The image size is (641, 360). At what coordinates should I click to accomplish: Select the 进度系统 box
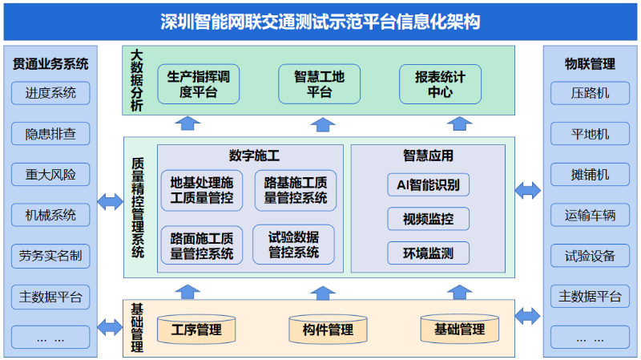click(x=50, y=93)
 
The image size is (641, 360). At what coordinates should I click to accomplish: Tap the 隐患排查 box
click(x=50, y=134)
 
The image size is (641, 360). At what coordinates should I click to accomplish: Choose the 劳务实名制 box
click(x=50, y=257)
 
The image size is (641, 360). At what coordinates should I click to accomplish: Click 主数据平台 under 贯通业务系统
click(x=50, y=297)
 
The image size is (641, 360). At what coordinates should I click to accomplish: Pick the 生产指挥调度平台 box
click(x=199, y=84)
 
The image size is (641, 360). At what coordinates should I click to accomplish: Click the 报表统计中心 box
click(x=440, y=84)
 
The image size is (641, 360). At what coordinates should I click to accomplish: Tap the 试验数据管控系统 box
click(x=293, y=245)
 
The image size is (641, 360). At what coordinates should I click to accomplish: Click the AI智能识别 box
click(x=428, y=184)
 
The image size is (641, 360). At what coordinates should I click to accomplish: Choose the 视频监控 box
click(x=428, y=219)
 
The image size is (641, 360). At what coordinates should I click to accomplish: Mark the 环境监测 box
click(x=428, y=253)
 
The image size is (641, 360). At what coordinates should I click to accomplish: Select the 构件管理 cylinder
click(x=328, y=329)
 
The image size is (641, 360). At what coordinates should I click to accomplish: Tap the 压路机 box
click(x=590, y=93)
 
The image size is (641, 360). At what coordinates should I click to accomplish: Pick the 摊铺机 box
click(x=590, y=175)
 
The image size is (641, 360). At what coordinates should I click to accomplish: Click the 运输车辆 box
click(x=590, y=216)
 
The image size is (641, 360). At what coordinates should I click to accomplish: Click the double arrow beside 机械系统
click(x=109, y=201)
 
